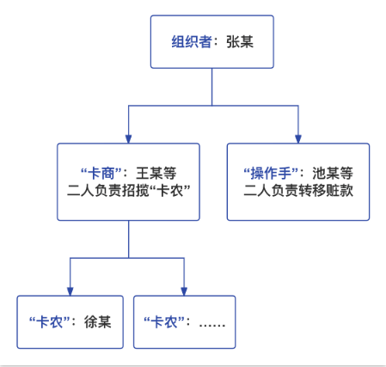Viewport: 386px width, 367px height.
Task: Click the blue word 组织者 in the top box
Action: [x=192, y=42]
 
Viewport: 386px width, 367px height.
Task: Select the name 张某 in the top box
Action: [x=240, y=42]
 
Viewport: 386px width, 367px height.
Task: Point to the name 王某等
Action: [x=156, y=173]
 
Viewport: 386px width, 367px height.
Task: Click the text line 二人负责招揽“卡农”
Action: [x=129, y=190]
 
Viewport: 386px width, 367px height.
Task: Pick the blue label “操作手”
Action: [x=271, y=173]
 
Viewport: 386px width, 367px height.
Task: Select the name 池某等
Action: [x=333, y=173]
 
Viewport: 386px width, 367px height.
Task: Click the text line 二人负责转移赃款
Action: [x=298, y=190]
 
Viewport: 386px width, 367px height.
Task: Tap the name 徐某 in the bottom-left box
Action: [x=98, y=321]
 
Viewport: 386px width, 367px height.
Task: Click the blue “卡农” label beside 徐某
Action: [x=50, y=321]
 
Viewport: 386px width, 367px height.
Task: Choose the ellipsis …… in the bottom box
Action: [x=212, y=325]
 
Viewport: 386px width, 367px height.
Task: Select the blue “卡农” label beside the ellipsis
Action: [x=164, y=321]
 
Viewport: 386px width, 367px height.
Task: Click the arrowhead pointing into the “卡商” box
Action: [x=128, y=139]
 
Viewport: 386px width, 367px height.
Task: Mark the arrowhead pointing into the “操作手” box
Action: [x=298, y=139]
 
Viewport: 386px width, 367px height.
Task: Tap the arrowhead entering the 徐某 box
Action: [x=70, y=291]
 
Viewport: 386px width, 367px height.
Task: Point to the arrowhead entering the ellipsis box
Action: [x=184, y=291]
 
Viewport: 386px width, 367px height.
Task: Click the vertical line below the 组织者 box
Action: [x=212, y=87]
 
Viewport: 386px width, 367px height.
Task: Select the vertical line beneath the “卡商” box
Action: [x=128, y=239]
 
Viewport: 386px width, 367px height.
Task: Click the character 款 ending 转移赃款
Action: [x=346, y=190]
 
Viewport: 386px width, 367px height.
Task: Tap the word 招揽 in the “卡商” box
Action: [x=135, y=190]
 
